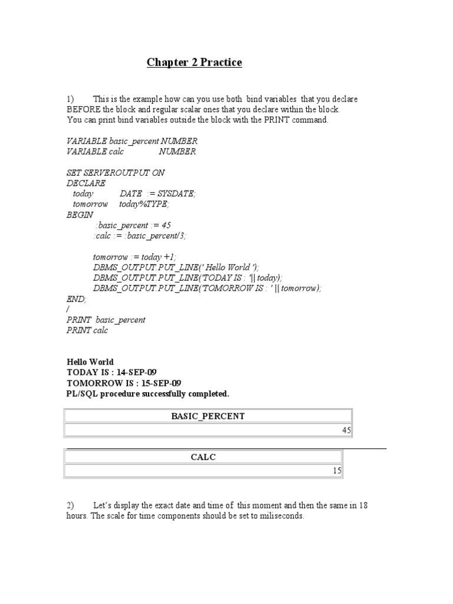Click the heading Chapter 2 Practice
194,63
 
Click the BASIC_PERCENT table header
208,416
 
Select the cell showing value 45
346,431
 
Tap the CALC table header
203,457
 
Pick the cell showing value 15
337,471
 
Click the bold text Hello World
90,362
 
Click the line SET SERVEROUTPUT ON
116,173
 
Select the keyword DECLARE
86,183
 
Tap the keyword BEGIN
80,215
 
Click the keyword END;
76,299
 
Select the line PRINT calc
87,330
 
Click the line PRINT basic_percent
106,320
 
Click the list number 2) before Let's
71,505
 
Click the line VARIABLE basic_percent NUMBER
132,141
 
